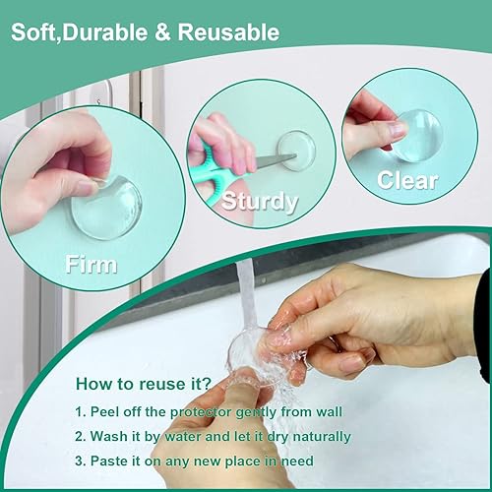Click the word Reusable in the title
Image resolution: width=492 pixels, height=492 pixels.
[229, 32]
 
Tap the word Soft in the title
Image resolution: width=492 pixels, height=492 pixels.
[33, 32]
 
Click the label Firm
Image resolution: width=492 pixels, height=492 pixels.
[91, 263]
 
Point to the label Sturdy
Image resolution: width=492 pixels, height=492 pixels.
[260, 202]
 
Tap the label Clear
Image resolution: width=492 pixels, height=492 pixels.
[408, 181]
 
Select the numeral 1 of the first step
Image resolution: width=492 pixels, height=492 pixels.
[79, 410]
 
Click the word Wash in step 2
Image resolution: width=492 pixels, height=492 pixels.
[110, 436]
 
